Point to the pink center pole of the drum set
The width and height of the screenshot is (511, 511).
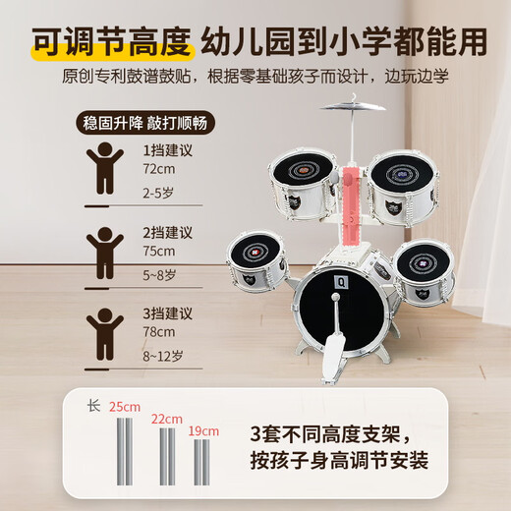pyautogui.click(x=351, y=206)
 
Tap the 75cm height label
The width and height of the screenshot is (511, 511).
pyautogui.click(x=159, y=251)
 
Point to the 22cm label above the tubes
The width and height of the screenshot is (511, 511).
pyautogui.click(x=167, y=419)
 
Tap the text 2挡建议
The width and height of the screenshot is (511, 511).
pyautogui.click(x=168, y=232)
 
